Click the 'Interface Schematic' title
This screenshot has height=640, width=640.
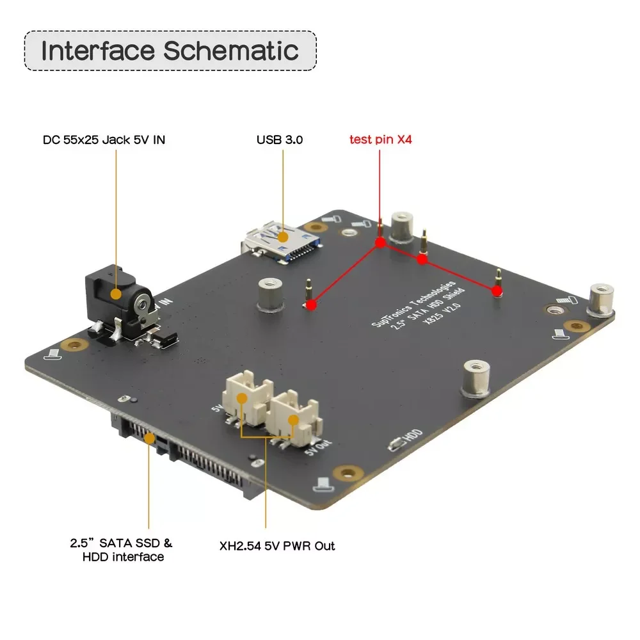170,51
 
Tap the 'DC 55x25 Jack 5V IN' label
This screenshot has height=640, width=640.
104,139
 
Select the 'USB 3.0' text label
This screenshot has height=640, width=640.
280,139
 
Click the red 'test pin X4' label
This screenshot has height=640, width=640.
380,139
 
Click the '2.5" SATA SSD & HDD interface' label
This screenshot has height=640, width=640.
122,550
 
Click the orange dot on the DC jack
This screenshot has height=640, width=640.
116,294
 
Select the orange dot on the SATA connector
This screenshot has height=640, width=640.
150,438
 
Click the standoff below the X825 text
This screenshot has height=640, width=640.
474,377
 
